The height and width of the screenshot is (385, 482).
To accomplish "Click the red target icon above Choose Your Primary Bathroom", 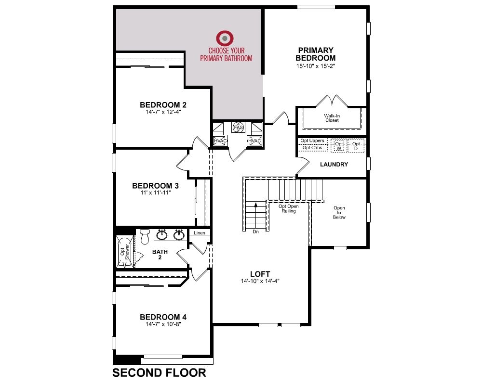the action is coord(225,38).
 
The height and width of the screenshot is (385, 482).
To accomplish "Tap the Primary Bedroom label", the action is coord(315,54).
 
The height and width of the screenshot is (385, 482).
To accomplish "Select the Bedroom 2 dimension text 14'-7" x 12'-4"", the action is coord(163,112).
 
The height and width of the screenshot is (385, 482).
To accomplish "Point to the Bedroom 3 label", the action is coord(155,186).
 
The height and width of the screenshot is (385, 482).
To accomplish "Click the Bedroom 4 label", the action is coord(163,317).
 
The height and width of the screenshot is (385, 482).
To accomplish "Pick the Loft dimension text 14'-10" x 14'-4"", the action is coord(260,281).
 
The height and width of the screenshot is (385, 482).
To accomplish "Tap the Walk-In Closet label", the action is coord(332,118).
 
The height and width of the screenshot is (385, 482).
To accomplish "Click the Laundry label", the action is coord(334,165).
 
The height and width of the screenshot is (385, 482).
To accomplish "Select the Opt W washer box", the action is coord(339,146).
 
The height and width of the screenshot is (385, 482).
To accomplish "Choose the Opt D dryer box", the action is coord(356,146).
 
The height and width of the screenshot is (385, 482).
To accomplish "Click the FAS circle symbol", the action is coord(238,127).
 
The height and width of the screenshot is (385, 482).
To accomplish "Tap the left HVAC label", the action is coord(220,141).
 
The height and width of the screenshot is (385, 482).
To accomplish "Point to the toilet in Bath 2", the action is coord(145,236).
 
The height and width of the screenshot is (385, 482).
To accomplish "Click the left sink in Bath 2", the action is coord(161,235).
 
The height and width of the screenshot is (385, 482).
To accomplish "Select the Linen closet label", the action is coord(200,233).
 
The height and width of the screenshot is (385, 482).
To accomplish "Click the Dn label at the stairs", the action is coord(256,232).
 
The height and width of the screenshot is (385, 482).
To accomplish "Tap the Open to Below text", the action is coord(339,212).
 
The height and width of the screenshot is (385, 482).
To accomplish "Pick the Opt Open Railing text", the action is coord(288,208).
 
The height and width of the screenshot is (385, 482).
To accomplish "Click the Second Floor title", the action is coord(159,372).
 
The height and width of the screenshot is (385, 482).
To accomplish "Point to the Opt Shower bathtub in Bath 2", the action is coord(125,252).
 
